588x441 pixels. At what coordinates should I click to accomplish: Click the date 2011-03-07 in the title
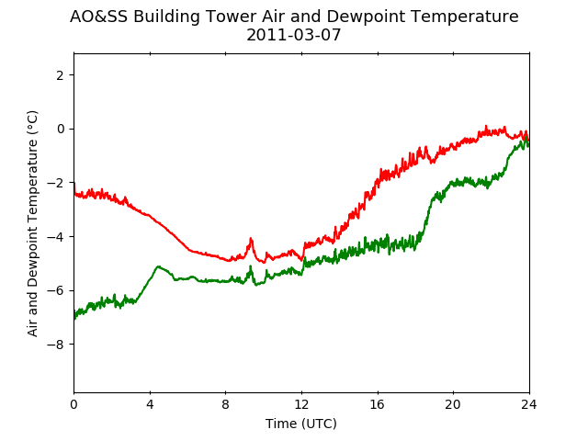(294, 35)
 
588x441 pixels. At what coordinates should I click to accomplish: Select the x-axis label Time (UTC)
(301, 424)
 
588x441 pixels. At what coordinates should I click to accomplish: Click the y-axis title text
(33, 223)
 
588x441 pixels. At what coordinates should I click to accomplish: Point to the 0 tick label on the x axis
(73, 404)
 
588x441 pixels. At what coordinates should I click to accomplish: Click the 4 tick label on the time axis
(150, 404)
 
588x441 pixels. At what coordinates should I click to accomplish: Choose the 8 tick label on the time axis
(226, 404)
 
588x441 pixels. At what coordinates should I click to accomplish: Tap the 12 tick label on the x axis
(302, 404)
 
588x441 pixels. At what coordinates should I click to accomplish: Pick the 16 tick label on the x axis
(378, 404)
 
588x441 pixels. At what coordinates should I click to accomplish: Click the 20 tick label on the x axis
(453, 404)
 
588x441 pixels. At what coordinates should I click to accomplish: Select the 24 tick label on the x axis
(529, 404)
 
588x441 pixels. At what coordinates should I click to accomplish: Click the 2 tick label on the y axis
(60, 75)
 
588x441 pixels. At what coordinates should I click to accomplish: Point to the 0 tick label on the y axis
(60, 129)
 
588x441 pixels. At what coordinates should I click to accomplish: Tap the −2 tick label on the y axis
(55, 183)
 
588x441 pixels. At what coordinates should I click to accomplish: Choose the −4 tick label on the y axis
(55, 237)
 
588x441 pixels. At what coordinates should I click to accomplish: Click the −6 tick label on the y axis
(55, 290)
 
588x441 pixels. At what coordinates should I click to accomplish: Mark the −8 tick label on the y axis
(55, 345)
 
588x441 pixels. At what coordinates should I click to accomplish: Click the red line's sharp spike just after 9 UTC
(251, 239)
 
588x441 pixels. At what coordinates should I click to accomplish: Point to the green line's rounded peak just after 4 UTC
(158, 266)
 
